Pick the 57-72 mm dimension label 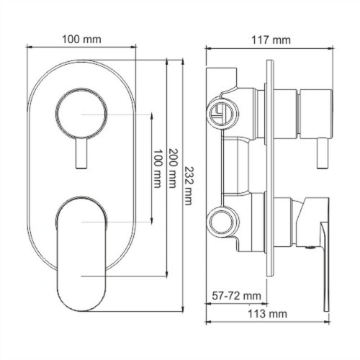pyautogui.click(x=238, y=295)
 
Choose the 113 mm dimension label pyautogui.click(x=264, y=315)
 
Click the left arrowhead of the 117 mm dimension pyautogui.click(x=209, y=48)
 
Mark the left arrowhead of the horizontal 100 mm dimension pyautogui.click(x=31, y=48)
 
